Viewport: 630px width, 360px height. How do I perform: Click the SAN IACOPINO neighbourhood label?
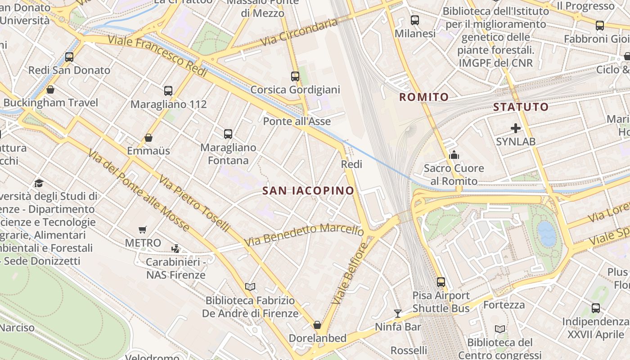click(308, 191)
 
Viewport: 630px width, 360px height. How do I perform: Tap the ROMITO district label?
click(424, 97)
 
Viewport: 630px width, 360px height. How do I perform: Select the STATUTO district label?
click(521, 107)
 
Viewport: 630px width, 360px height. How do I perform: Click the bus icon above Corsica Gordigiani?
click(295, 76)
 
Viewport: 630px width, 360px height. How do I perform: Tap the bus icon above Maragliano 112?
click(168, 91)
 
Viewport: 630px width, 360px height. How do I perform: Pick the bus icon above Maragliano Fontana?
click(228, 134)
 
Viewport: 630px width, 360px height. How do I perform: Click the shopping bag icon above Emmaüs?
click(148, 138)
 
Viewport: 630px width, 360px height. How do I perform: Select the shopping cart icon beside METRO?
click(143, 230)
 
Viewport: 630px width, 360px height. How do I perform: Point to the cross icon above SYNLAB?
click(516, 129)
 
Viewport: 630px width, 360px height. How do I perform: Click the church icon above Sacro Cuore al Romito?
click(454, 155)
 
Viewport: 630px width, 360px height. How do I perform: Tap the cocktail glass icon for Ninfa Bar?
click(398, 313)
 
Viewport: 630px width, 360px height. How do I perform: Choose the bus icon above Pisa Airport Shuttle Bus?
click(441, 282)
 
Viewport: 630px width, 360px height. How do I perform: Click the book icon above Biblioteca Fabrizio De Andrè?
click(250, 287)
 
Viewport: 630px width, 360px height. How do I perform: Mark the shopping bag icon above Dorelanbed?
click(317, 325)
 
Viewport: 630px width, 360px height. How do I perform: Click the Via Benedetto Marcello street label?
click(304, 235)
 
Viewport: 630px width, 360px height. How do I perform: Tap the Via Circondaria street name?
click(299, 32)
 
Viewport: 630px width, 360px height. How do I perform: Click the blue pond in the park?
click(547, 234)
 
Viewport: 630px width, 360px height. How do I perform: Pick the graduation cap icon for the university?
click(39, 183)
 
